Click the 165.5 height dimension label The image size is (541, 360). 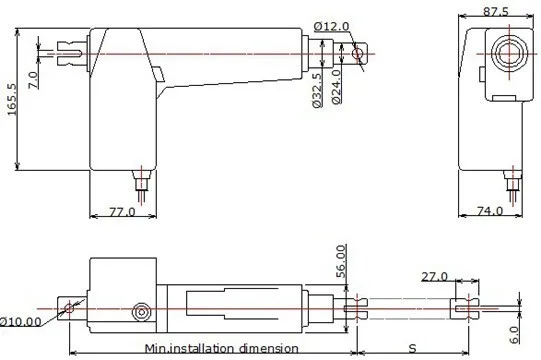point(12,99)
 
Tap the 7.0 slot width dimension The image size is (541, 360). point(33,80)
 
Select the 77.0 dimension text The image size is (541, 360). point(122,211)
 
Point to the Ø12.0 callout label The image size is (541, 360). point(332,26)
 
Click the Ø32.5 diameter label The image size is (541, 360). point(317,90)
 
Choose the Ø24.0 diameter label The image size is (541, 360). point(336,87)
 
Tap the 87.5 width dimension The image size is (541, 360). point(496,12)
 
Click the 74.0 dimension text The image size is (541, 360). point(490,210)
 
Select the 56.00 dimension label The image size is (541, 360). point(341,261)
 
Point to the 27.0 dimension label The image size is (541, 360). point(434,276)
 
